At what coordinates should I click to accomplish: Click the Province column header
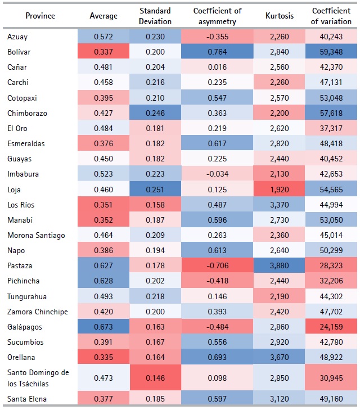coord(40,16)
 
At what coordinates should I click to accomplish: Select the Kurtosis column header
coord(279,16)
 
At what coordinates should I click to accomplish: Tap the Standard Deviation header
coord(155,16)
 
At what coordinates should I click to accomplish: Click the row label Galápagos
coord(25,327)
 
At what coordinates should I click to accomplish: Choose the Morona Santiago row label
coord(34,235)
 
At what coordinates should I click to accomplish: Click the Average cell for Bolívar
coord(103,52)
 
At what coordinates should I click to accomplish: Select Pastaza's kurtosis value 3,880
coord(279,265)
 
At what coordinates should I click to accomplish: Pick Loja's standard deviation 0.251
coord(155,190)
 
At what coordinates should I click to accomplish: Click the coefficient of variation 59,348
coord(331,52)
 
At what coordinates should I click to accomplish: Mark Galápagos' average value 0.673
coord(103,327)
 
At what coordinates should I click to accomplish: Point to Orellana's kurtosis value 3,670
coord(279,357)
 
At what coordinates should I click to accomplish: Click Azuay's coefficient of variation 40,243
coord(331,37)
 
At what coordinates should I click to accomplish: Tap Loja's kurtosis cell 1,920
coord(279,190)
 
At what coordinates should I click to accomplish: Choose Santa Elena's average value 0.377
coord(103,398)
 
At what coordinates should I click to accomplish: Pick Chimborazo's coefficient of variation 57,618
coord(331,113)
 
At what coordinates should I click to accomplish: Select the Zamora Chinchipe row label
coord(38,312)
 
